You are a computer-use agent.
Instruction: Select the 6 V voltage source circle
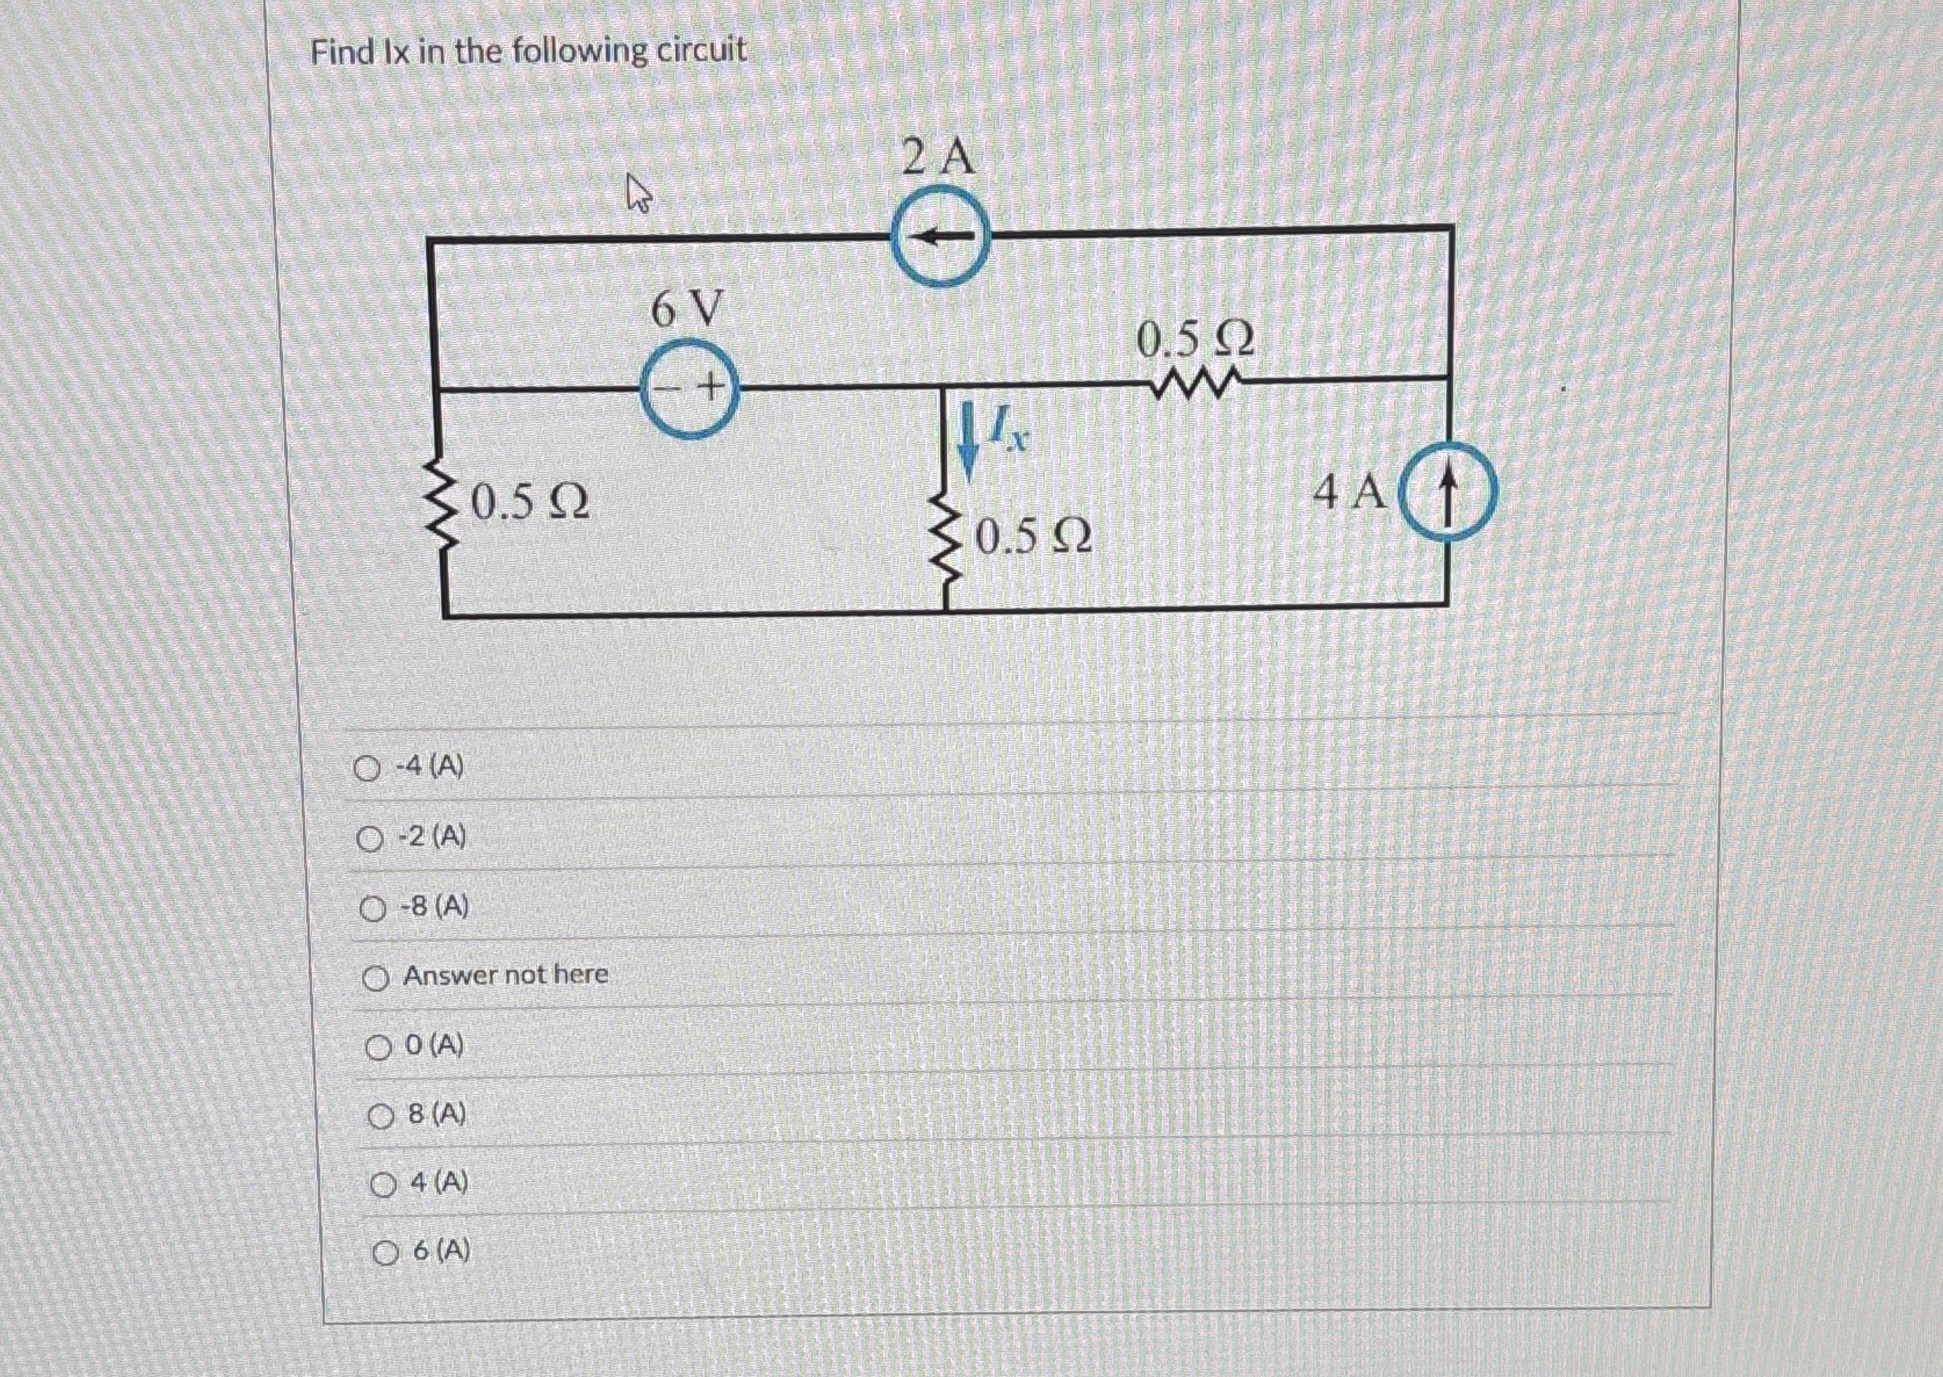(x=689, y=389)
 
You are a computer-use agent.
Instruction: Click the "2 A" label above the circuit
(x=939, y=158)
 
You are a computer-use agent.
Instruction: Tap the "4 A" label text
(x=1350, y=493)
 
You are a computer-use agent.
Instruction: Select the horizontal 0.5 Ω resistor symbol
(x=1195, y=385)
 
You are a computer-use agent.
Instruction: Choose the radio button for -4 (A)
(x=367, y=769)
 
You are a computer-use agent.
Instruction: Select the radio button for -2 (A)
(x=370, y=839)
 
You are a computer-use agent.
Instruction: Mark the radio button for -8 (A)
(x=371, y=910)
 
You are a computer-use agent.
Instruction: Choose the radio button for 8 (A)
(x=380, y=1118)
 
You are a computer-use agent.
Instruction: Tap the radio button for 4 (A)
(x=382, y=1185)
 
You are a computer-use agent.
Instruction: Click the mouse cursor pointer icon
(x=638, y=192)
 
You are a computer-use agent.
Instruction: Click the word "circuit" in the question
(x=705, y=51)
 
